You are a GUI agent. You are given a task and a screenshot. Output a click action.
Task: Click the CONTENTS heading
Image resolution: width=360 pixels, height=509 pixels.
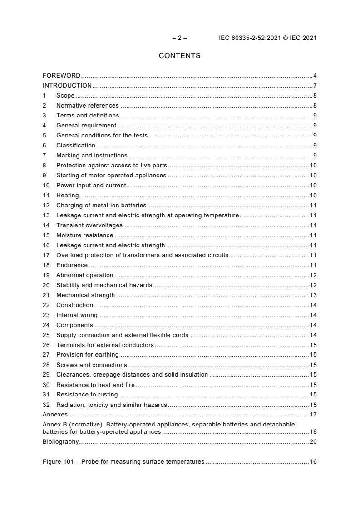179,56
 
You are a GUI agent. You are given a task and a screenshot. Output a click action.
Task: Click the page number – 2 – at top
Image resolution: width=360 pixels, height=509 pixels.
179,38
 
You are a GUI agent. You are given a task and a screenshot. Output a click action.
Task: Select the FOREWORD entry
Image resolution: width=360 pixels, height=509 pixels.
61,75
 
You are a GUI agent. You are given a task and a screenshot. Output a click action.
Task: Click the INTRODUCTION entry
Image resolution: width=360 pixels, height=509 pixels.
67,85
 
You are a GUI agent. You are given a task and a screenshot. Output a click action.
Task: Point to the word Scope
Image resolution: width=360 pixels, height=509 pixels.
65,95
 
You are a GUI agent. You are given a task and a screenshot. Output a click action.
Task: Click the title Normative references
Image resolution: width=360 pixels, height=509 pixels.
87,105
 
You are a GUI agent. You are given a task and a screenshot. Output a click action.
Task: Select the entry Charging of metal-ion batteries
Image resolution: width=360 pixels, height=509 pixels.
101,205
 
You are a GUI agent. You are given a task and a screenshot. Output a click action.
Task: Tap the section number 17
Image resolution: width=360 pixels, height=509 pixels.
46,255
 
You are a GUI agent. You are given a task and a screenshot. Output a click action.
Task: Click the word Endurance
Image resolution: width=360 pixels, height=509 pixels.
72,265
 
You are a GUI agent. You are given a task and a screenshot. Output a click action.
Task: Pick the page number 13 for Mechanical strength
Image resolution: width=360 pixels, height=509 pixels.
313,295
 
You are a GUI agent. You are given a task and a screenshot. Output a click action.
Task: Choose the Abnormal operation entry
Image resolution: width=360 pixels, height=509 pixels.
84,275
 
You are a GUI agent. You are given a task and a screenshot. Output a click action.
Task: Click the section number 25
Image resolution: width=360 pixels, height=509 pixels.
46,335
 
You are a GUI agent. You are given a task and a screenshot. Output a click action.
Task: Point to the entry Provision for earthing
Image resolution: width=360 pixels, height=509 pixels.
87,355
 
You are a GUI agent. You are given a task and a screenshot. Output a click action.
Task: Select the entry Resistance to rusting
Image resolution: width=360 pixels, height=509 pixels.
87,395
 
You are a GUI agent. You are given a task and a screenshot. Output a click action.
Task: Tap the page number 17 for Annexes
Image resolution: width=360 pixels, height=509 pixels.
313,415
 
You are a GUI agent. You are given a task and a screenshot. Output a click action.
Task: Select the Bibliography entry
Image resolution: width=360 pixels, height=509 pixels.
60,442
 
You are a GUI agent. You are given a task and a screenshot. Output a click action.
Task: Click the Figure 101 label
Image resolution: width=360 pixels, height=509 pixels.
59,462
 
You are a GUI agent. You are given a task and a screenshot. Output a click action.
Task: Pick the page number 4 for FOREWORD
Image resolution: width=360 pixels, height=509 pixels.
315,75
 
